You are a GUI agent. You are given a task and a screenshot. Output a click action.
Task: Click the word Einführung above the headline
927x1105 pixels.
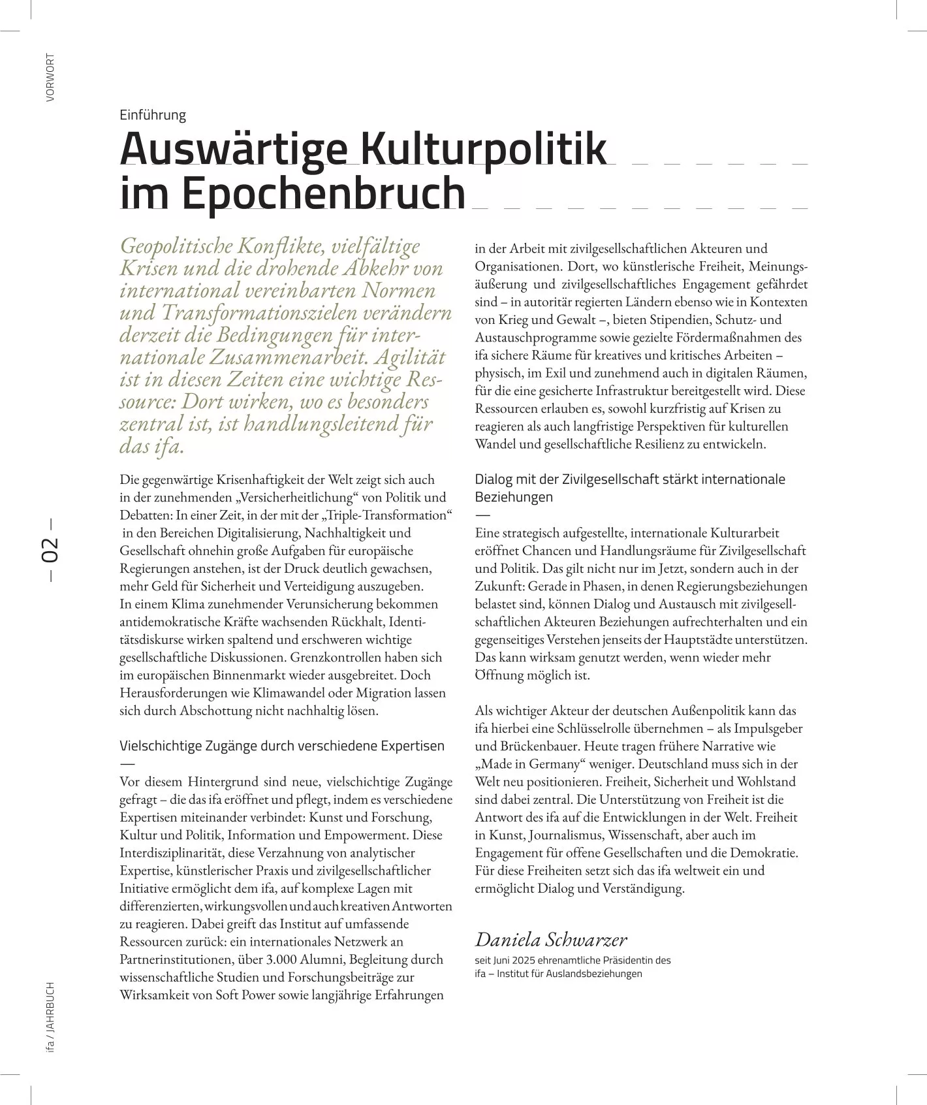(x=153, y=115)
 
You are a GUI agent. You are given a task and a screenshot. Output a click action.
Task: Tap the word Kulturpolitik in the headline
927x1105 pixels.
(x=484, y=149)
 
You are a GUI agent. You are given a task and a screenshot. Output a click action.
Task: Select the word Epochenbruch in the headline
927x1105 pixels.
(x=323, y=193)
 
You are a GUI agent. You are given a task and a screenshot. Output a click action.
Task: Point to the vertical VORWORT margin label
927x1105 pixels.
(x=50, y=78)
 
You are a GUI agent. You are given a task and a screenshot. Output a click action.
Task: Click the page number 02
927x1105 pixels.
(x=50, y=550)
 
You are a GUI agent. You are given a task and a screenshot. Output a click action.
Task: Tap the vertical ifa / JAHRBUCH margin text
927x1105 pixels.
(x=50, y=1016)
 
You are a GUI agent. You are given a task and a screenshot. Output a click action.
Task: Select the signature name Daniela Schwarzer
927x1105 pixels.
(x=550, y=939)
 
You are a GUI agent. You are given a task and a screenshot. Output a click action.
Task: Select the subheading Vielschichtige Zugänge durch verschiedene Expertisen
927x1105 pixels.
(x=281, y=746)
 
